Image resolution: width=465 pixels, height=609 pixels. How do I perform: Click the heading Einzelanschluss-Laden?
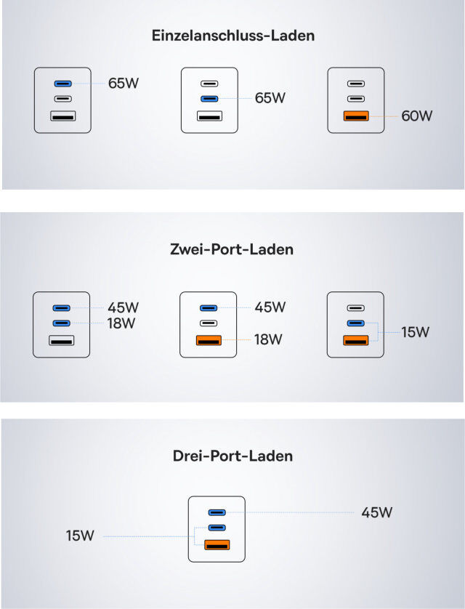233,36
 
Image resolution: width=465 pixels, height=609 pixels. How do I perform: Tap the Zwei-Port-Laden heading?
232,249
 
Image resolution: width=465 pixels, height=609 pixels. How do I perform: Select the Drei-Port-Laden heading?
232,456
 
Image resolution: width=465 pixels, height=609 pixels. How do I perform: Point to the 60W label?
416,116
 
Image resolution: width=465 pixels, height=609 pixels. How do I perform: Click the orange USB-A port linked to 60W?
356,116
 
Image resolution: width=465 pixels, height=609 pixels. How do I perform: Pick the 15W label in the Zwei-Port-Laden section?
415,332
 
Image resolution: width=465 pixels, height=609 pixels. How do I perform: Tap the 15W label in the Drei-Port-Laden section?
80,536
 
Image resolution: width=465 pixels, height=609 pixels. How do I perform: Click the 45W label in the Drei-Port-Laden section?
376,512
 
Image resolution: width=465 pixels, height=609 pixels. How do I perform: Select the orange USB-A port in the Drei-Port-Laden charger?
217,545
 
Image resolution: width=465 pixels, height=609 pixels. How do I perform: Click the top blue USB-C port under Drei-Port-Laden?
217,512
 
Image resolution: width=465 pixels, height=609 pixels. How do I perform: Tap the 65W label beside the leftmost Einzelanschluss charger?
124,83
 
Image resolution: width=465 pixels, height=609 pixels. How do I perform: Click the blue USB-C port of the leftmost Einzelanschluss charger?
63,84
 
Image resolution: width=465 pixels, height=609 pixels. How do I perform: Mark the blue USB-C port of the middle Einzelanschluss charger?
209,99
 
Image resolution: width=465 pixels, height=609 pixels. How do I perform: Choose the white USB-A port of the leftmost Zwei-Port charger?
61,341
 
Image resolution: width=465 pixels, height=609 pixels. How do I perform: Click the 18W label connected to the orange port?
268,339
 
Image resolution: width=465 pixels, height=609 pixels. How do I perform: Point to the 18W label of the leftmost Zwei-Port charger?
121,323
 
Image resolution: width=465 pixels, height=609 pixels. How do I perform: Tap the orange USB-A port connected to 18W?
209,341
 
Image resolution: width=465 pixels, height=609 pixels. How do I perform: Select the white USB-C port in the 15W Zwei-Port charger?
355,308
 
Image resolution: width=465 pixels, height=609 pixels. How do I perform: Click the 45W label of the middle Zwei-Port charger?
270,307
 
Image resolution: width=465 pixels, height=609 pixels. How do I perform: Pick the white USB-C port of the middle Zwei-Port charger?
209,323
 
